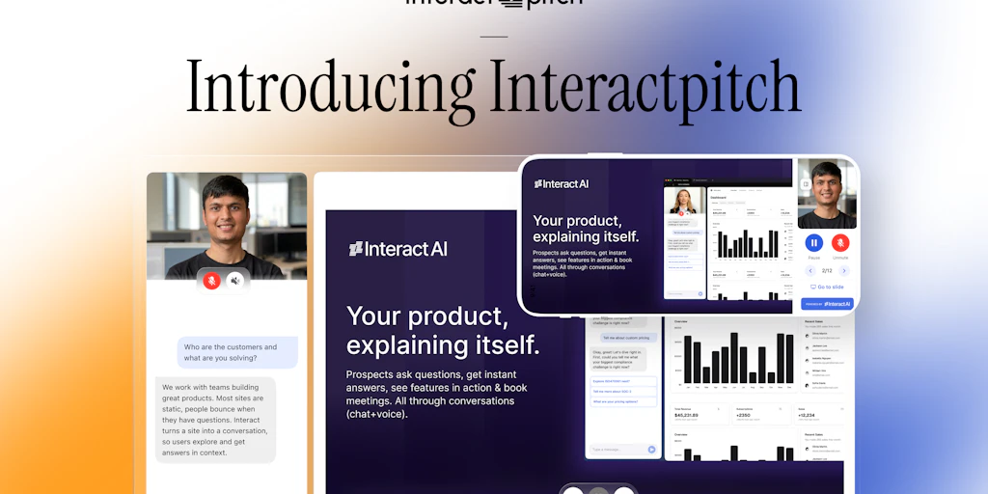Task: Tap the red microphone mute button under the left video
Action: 211,280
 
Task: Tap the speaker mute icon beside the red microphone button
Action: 235,280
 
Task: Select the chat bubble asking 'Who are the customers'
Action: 237,352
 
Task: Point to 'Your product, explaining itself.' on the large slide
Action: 443,330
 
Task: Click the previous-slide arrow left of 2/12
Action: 810,271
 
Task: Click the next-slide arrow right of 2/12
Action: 843,271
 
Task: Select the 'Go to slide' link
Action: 827,287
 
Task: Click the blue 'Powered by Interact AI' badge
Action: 827,303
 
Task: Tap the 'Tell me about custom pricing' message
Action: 629,338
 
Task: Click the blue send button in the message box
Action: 651,449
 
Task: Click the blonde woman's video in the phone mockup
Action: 684,203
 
